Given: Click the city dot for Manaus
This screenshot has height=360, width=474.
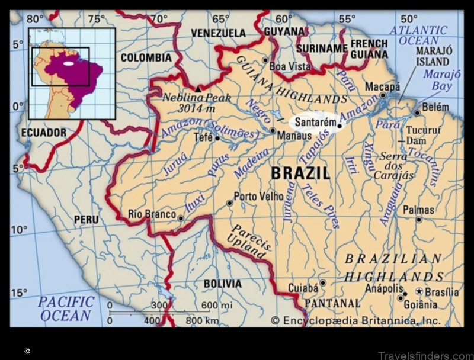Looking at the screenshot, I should pyautogui.click(x=272, y=130).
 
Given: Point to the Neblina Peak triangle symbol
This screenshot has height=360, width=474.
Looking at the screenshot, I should pyautogui.click(x=198, y=88).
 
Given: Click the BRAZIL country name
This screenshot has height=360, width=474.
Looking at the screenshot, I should pyautogui.click(x=300, y=173).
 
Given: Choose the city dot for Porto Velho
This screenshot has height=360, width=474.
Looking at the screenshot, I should pyautogui.click(x=230, y=203).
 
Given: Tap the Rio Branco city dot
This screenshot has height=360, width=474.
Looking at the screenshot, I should pyautogui.click(x=181, y=218).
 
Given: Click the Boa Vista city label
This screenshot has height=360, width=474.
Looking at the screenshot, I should pyautogui.click(x=290, y=66).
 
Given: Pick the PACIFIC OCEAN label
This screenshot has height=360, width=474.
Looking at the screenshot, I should pyautogui.click(x=66, y=308).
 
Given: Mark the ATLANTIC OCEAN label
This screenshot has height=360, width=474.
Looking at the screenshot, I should pyautogui.click(x=423, y=35).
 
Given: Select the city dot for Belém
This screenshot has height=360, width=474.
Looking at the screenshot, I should pyautogui.click(x=417, y=112).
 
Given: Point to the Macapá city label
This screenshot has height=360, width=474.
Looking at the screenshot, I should pyautogui.click(x=382, y=86).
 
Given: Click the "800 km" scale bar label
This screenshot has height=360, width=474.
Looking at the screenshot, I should pyautogui.click(x=202, y=320).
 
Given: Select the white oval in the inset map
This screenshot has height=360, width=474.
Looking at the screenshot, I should pyautogui.click(x=69, y=63).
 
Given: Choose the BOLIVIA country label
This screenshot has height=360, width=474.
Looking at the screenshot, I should pyautogui.click(x=222, y=284).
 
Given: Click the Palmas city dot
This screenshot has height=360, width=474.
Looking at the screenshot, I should pyautogui.click(x=419, y=220).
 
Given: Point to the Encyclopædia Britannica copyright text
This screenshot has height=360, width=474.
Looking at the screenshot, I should pyautogui.click(x=355, y=320).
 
